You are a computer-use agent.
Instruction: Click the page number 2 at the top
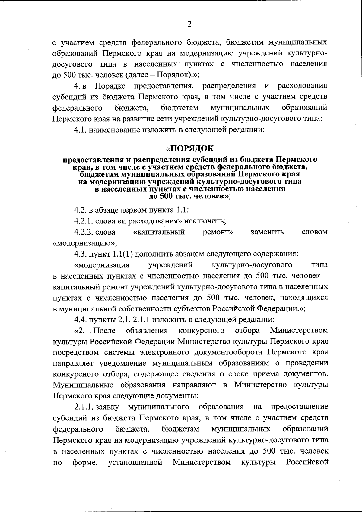189,25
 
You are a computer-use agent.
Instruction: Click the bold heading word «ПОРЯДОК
190,148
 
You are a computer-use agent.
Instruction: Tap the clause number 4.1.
80,130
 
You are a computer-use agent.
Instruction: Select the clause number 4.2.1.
84,221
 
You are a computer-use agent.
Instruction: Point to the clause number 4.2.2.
84,232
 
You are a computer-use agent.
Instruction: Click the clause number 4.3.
80,254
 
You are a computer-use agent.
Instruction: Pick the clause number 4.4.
80,319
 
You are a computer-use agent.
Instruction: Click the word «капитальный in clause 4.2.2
159,232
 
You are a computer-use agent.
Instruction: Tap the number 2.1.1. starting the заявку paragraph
84,407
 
